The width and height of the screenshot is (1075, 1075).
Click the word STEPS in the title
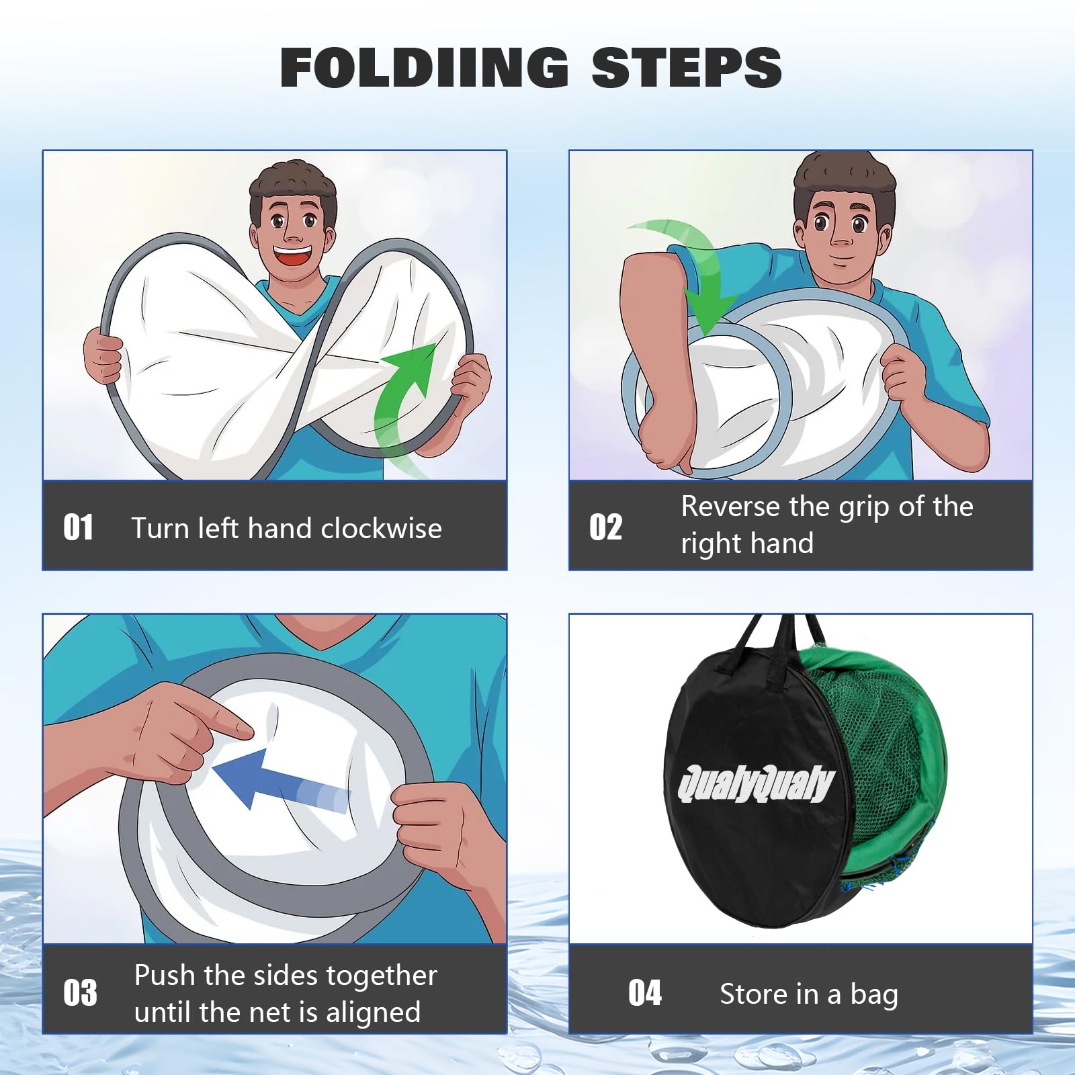point(687,67)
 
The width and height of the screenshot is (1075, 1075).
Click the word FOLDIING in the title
point(425,67)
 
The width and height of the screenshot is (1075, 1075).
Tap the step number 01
point(79,527)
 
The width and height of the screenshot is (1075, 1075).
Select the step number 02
point(605,527)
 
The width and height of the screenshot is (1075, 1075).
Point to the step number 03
point(80,993)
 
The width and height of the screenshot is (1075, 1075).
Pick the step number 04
point(645,993)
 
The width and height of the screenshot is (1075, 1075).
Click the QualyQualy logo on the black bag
point(756,783)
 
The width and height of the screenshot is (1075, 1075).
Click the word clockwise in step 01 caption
point(381,528)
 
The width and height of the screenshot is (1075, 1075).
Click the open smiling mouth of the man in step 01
point(294,257)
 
